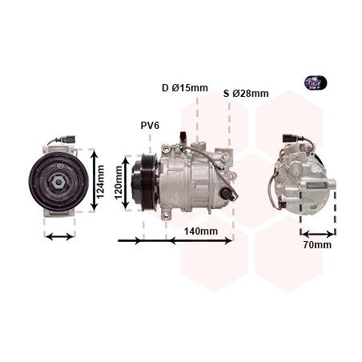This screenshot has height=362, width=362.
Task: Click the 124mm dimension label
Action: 100,182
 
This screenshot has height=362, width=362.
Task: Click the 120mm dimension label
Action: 119,183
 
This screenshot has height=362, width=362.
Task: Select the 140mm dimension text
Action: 201,231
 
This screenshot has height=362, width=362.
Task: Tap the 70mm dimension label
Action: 317,245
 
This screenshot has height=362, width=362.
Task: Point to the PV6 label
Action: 150,125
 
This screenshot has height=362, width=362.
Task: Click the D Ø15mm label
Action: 185,88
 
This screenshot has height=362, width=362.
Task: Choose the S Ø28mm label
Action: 246,94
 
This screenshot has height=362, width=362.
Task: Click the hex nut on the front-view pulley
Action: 58,182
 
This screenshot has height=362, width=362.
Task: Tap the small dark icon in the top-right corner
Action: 316,82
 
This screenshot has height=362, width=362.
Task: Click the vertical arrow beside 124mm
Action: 94,181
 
